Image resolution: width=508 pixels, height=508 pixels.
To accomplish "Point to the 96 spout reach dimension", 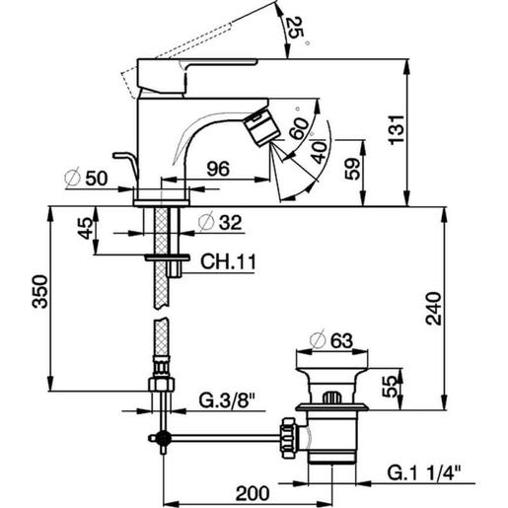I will (219, 170).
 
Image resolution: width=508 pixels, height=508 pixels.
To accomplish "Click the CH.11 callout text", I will (224, 261).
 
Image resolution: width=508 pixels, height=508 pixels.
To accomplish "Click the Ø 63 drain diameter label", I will (330, 340).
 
